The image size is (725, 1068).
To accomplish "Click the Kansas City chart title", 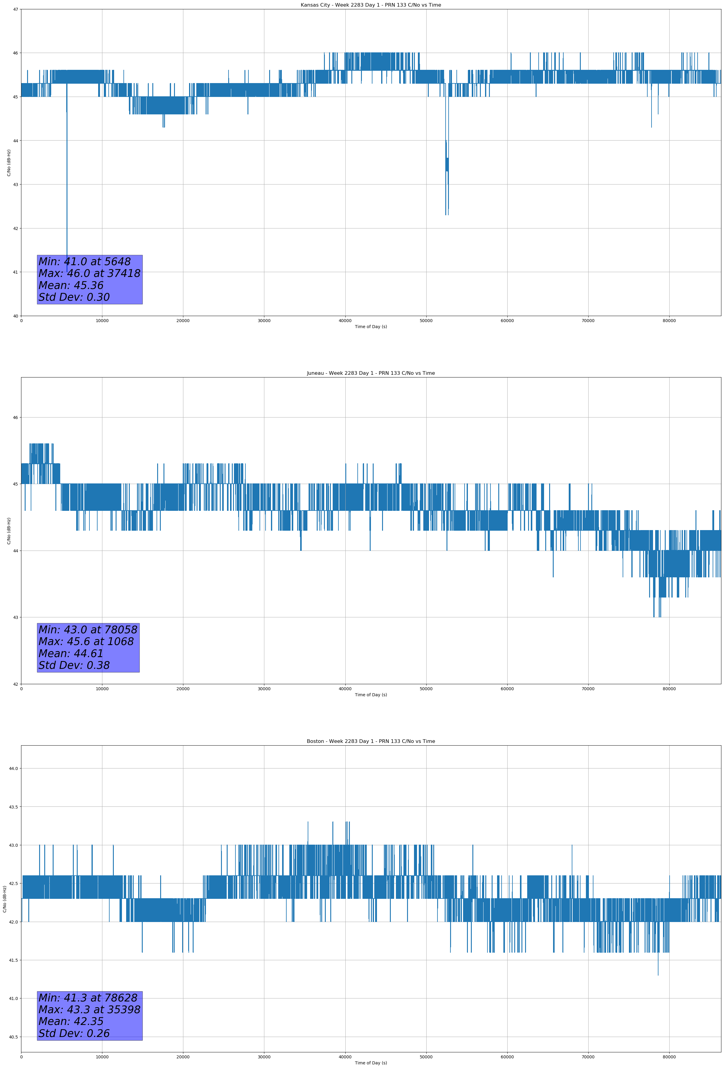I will pos(371,5).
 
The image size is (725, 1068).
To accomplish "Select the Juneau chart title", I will pos(371,373).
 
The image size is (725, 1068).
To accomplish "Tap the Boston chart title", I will pos(371,741).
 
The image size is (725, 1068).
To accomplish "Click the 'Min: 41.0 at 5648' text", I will pos(85,262).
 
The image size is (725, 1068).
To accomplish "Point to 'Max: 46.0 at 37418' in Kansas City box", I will pos(89,273).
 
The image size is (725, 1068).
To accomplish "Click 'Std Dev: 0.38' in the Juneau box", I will pos(74,666).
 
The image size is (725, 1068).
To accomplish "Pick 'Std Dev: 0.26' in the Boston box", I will pos(74,1033).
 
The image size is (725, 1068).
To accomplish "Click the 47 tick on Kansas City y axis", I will pos(16,9).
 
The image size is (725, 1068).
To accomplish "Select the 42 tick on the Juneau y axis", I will pos(16,684).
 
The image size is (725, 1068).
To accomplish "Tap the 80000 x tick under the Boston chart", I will pos(669,1057).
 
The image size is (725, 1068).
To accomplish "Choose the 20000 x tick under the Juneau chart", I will pos(183,689).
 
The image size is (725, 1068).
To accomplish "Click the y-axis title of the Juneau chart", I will pos(9,531).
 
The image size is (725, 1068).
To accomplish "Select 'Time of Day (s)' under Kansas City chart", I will pos(371,327).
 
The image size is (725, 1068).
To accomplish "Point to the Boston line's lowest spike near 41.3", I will pos(658,974).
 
